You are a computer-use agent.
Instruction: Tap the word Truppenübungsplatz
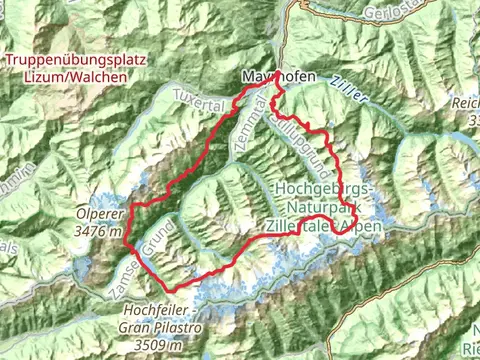(x=67, y=60)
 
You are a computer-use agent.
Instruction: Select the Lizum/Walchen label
(x=67, y=77)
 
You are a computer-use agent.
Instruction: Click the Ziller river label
(x=347, y=91)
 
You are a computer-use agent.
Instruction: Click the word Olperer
(x=99, y=213)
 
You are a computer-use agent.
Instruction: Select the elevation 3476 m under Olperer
(x=99, y=231)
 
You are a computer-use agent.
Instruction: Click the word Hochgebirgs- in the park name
(x=323, y=189)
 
